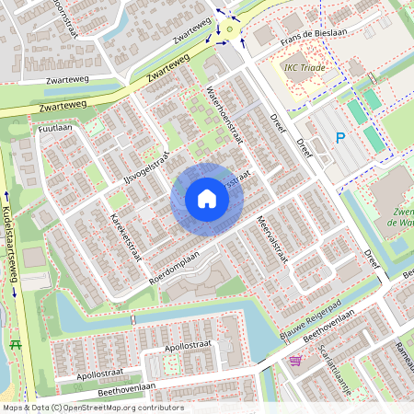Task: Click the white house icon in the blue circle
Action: tap(206, 198)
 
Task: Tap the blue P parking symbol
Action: tap(339, 139)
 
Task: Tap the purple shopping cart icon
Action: tap(294, 360)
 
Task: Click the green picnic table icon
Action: tap(15, 344)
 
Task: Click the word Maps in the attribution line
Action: tap(13, 408)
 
